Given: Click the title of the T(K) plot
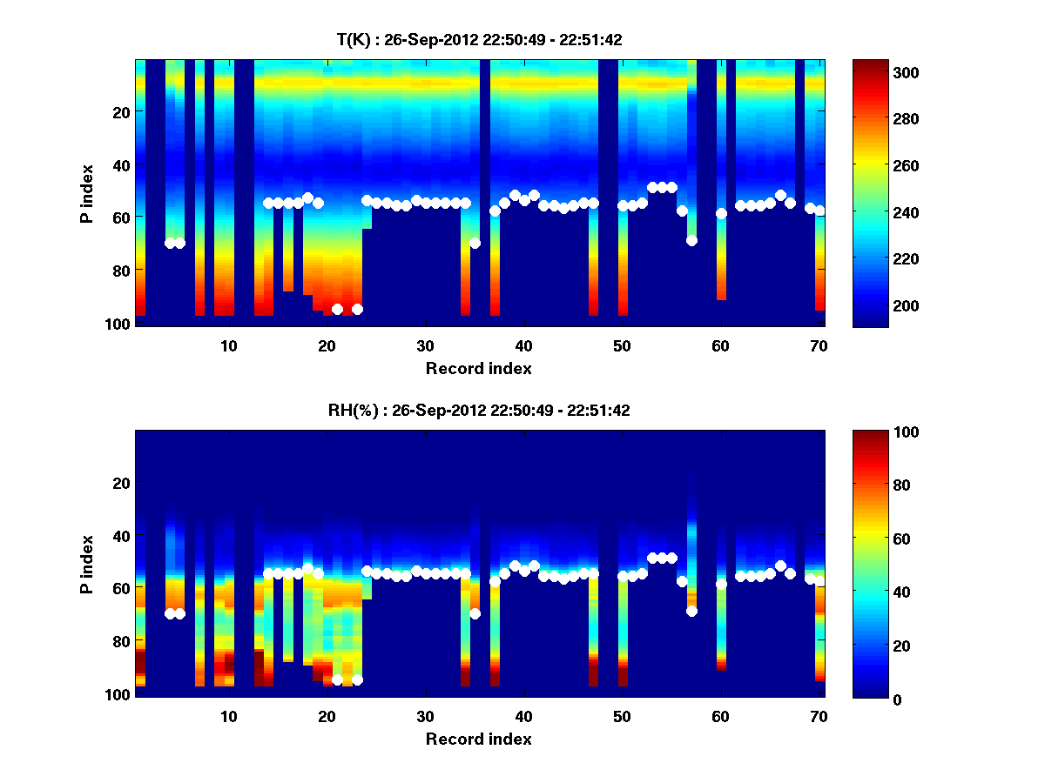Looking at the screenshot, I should [479, 39].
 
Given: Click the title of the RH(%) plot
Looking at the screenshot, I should [479, 411].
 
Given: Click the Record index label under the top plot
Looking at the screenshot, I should [479, 368].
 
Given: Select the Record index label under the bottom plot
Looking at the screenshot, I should [479, 739].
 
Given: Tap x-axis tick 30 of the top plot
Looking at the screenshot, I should [425, 345].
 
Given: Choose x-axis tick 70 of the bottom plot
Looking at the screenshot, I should [819, 716].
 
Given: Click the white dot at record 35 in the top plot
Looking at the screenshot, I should [475, 243].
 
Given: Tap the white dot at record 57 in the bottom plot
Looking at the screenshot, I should [691, 611].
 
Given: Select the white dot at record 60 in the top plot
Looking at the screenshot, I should [721, 213].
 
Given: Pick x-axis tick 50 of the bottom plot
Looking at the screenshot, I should [622, 716].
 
